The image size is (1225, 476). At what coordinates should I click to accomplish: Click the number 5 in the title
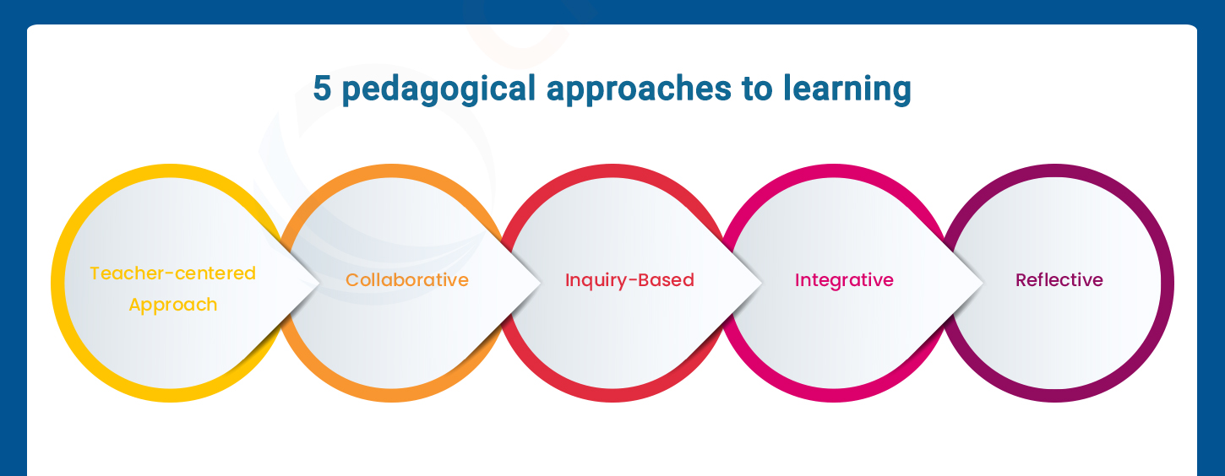[x=322, y=89]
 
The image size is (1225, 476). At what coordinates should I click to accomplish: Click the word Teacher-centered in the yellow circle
[x=172, y=273]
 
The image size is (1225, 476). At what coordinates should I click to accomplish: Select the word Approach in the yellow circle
[x=172, y=305]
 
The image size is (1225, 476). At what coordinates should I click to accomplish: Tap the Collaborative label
[x=406, y=280]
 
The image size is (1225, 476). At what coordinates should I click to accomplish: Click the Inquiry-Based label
[x=629, y=280]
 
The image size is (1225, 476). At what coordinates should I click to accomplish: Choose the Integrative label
[x=844, y=280]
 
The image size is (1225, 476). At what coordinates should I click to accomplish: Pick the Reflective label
[x=1059, y=280]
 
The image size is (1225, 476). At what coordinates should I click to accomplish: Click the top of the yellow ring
[x=169, y=170]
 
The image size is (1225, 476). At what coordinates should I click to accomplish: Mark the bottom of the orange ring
[x=390, y=395]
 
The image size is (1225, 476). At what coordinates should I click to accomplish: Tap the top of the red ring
[x=612, y=170]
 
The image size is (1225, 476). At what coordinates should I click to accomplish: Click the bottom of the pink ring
[x=835, y=395]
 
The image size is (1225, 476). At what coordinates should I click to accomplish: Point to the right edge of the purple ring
[x=1167, y=283]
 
